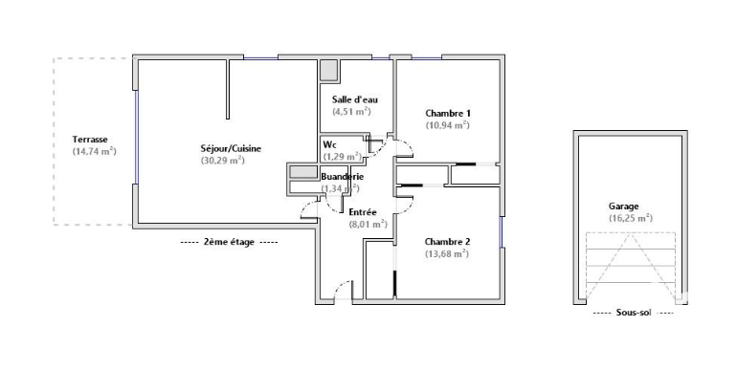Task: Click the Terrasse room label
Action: pos(90,140)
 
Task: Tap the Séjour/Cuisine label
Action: pos(231,149)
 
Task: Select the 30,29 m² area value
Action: pos(223,160)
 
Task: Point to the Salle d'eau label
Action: pos(355,99)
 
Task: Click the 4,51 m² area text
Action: pos(351,111)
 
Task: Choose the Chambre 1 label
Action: pos(448,113)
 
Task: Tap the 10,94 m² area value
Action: pos(448,125)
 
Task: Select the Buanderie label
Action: pos(343,177)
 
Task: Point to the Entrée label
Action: pos(363,212)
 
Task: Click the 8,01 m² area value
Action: pos(368,224)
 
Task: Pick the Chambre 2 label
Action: pos(447,242)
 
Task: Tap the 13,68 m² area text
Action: pos(447,253)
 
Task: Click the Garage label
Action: pos(624,207)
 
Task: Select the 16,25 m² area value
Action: pos(631,218)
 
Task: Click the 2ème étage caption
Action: pos(229,242)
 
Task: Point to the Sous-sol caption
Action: pos(634,313)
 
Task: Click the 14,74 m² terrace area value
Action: pos(94,151)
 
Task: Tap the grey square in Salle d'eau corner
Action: pos(329,70)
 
